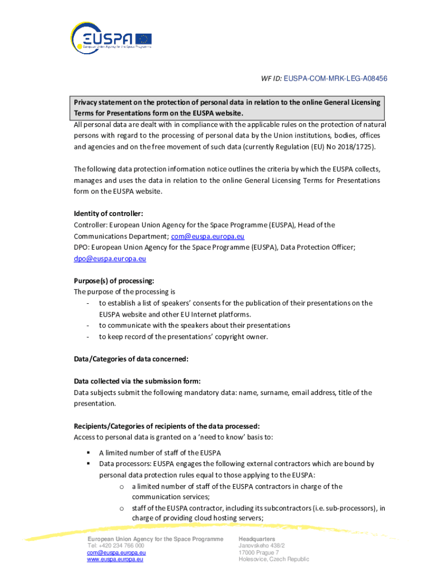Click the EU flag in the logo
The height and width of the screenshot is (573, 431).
click(143, 39)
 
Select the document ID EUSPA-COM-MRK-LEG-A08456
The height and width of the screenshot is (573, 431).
click(335, 78)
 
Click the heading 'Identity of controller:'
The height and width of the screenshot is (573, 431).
click(109, 214)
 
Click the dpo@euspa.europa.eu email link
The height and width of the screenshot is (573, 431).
click(110, 259)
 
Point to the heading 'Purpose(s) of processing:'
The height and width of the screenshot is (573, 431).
click(114, 281)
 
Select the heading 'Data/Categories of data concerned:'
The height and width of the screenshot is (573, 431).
click(131, 359)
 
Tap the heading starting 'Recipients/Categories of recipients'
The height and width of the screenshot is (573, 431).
click(167, 426)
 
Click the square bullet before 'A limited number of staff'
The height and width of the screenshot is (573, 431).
click(88, 453)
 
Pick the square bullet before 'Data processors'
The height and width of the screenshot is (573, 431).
click(88, 464)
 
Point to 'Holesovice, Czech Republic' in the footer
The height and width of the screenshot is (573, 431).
click(274, 559)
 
